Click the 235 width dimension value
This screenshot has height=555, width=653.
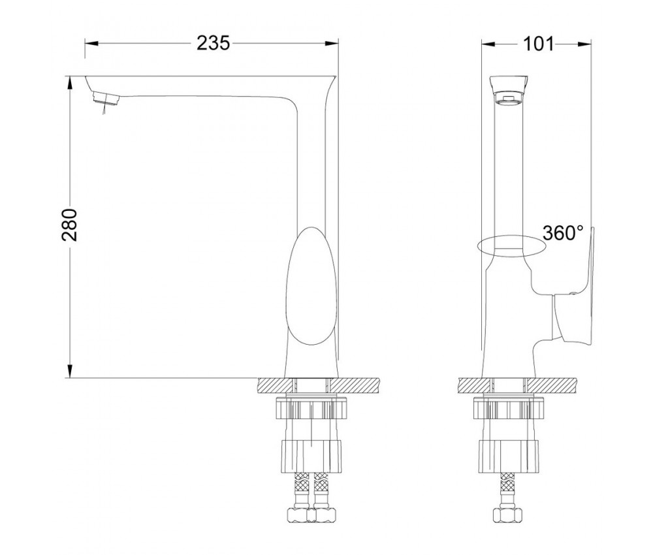tap(213, 43)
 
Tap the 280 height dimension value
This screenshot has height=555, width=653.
tap(70, 225)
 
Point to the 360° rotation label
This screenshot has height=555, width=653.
tap(563, 233)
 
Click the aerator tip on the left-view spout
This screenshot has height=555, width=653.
tap(106, 98)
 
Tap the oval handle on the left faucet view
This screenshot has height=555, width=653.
tap(311, 287)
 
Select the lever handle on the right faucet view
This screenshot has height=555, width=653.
tap(574, 291)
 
